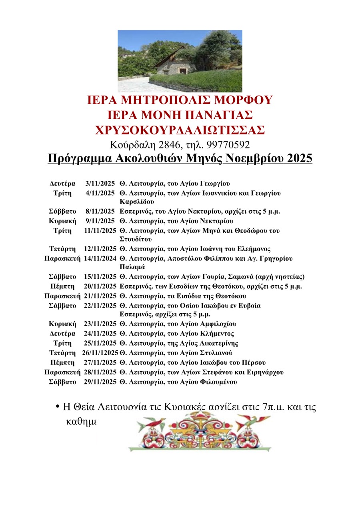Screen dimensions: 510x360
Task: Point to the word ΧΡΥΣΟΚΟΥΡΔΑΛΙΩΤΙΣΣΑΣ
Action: [x=180, y=130]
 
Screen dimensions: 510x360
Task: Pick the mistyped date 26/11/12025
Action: [x=100, y=353]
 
